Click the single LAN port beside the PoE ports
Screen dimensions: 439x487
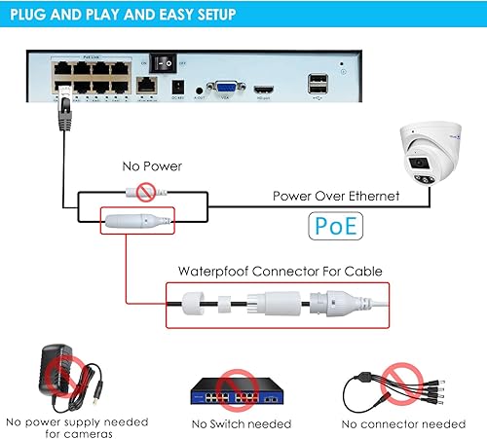point(147,85)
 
